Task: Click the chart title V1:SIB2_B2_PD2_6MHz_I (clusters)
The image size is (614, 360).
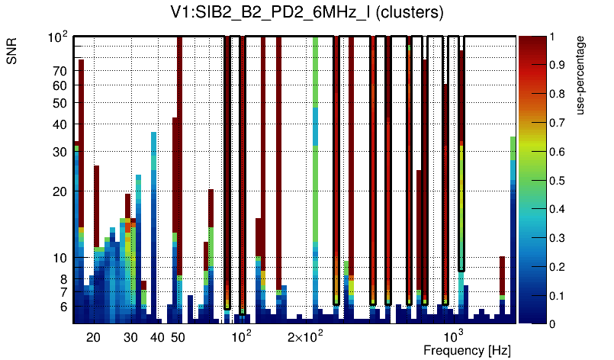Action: [x=307, y=13]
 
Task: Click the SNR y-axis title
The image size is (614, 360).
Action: [x=13, y=54]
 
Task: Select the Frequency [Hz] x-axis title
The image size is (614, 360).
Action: [x=467, y=351]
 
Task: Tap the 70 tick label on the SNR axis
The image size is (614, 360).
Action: [x=61, y=72]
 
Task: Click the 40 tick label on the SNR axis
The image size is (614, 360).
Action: [x=61, y=124]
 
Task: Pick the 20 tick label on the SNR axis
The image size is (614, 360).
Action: [x=61, y=191]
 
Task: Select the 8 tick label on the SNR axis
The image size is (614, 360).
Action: [x=64, y=279]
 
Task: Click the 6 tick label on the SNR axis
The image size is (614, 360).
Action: [x=64, y=307]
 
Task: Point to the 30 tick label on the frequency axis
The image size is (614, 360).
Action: [x=130, y=337]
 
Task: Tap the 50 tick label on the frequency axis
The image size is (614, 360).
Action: [x=178, y=337]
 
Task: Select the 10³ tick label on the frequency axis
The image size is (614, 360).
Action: [x=455, y=337]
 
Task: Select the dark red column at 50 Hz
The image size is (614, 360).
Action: [x=179, y=153]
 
